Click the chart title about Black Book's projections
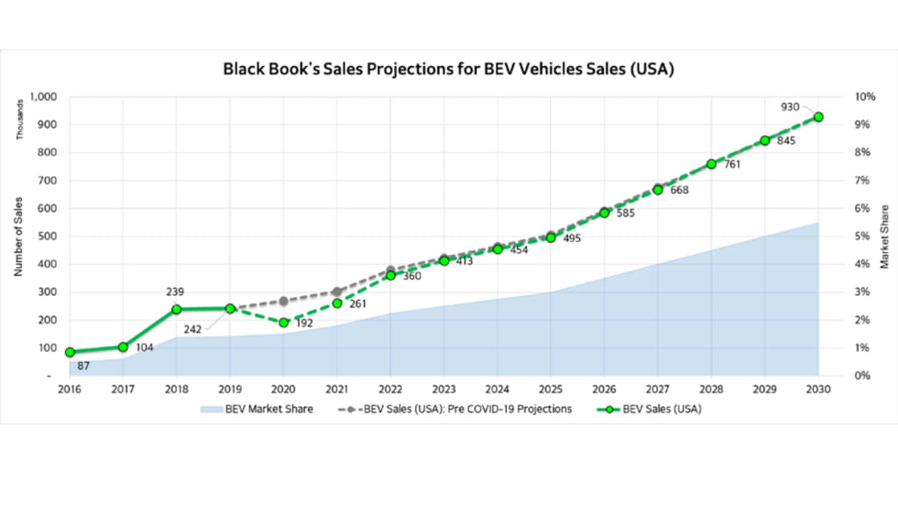449,69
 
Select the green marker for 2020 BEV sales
284,323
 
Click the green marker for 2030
818,116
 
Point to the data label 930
790,107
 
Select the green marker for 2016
70,352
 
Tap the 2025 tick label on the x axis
551,389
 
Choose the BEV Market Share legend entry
256,409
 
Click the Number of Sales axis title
18,236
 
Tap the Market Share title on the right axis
884,236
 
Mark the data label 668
679,191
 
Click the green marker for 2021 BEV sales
337,302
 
